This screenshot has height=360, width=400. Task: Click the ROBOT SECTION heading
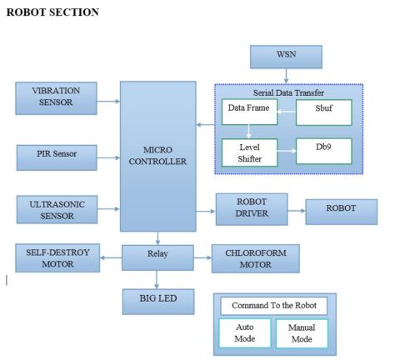(52, 12)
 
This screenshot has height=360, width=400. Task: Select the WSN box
(286, 57)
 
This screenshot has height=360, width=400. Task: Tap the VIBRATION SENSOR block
(57, 97)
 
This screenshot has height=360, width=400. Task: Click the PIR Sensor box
(57, 154)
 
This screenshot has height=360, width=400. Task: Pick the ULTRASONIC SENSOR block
(57, 209)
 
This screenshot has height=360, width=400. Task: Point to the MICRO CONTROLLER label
(157, 155)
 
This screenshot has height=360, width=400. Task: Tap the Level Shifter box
(248, 152)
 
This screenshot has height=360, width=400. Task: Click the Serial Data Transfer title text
(288, 92)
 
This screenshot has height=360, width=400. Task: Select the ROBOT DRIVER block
(251, 208)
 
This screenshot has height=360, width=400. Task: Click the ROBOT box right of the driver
(341, 211)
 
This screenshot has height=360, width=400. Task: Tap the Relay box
(157, 253)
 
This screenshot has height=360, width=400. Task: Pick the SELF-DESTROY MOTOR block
(57, 257)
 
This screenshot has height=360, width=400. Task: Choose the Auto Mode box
(245, 333)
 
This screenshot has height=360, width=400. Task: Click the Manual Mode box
(302, 333)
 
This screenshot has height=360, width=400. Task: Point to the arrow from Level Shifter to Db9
(285, 152)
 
